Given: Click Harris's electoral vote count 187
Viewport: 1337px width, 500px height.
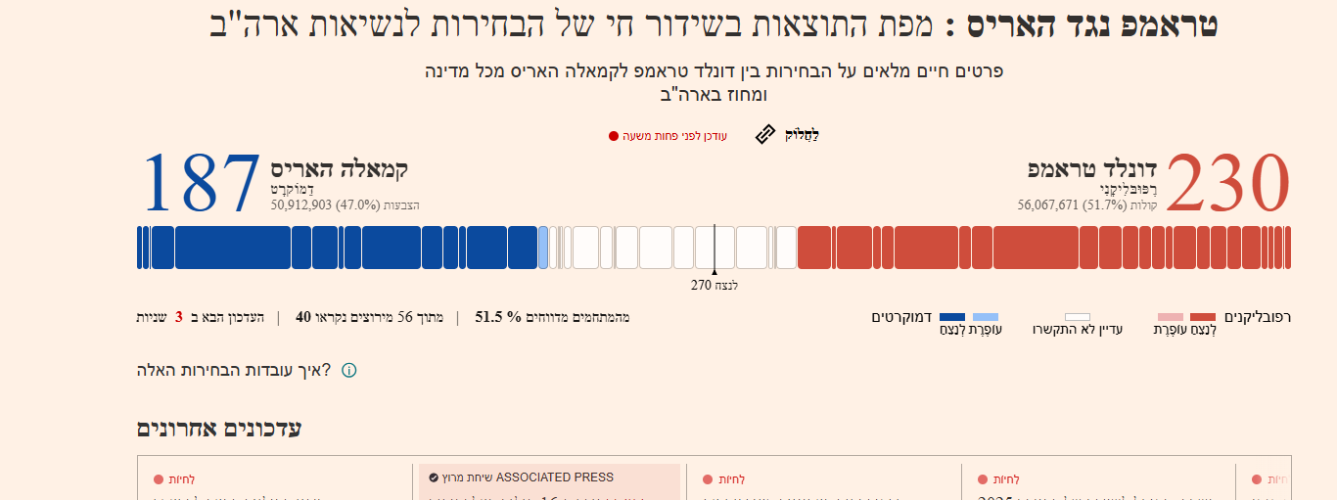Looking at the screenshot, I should tap(203, 184).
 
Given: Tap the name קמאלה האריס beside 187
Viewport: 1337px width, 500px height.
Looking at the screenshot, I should tap(339, 168).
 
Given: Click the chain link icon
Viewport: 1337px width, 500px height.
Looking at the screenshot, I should tap(765, 135).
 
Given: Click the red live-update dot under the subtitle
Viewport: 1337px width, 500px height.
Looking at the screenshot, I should tap(614, 136).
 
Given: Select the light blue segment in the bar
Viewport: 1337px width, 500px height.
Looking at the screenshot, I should tap(543, 248).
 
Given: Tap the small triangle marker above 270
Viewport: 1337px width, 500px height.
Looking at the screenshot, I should tap(715, 273).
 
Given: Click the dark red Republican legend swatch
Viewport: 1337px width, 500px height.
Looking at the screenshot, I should tap(1203, 317).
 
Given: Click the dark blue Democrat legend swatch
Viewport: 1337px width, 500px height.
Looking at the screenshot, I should tap(952, 317).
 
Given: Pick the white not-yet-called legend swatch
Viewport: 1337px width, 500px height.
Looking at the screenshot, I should tap(1078, 317).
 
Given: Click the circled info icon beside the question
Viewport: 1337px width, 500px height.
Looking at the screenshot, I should tap(348, 371).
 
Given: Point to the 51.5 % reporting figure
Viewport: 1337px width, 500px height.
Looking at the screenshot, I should tap(498, 317).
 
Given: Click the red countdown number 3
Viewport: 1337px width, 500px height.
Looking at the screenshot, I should tap(179, 317).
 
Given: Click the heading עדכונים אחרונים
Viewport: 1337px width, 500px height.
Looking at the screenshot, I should tap(219, 429).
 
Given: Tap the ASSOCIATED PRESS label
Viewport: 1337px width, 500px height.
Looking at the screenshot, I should tap(555, 477).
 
